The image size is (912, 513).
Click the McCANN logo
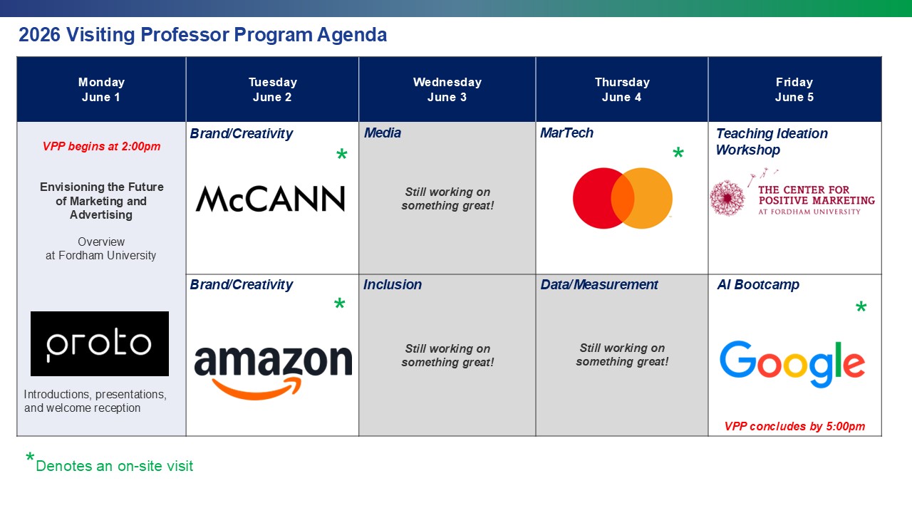[271, 199]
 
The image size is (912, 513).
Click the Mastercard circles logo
[622, 198]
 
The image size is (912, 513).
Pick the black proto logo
[100, 343]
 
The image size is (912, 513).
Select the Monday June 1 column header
[101, 90]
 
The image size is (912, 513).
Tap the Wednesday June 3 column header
[447, 90]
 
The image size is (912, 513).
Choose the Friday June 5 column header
[794, 90]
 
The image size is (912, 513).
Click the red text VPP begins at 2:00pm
[101, 147]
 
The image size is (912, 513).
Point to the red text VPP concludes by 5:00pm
[794, 426]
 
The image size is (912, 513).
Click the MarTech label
[566, 133]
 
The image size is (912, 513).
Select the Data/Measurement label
[599, 285]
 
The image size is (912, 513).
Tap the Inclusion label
[393, 285]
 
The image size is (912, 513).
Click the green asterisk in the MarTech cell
[678, 155]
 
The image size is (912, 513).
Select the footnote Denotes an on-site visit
[114, 466]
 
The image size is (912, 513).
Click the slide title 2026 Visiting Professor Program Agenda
[203, 35]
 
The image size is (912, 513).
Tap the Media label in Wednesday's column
[383, 133]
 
